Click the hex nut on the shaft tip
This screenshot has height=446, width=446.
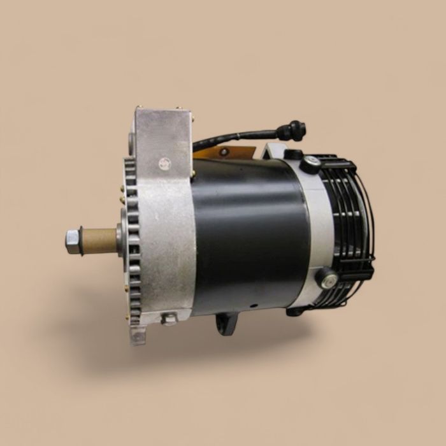click(73, 241)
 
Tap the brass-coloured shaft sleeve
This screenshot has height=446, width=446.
click(99, 240)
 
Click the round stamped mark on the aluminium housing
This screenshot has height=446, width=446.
click(166, 163)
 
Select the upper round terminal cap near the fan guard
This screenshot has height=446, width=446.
click(311, 163)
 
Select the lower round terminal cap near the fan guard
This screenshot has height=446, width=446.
click(327, 278)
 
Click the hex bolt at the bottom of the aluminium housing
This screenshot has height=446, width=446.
click(169, 319)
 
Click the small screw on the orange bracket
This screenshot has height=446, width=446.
click(224, 152)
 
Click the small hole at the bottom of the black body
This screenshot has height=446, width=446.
click(252, 305)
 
